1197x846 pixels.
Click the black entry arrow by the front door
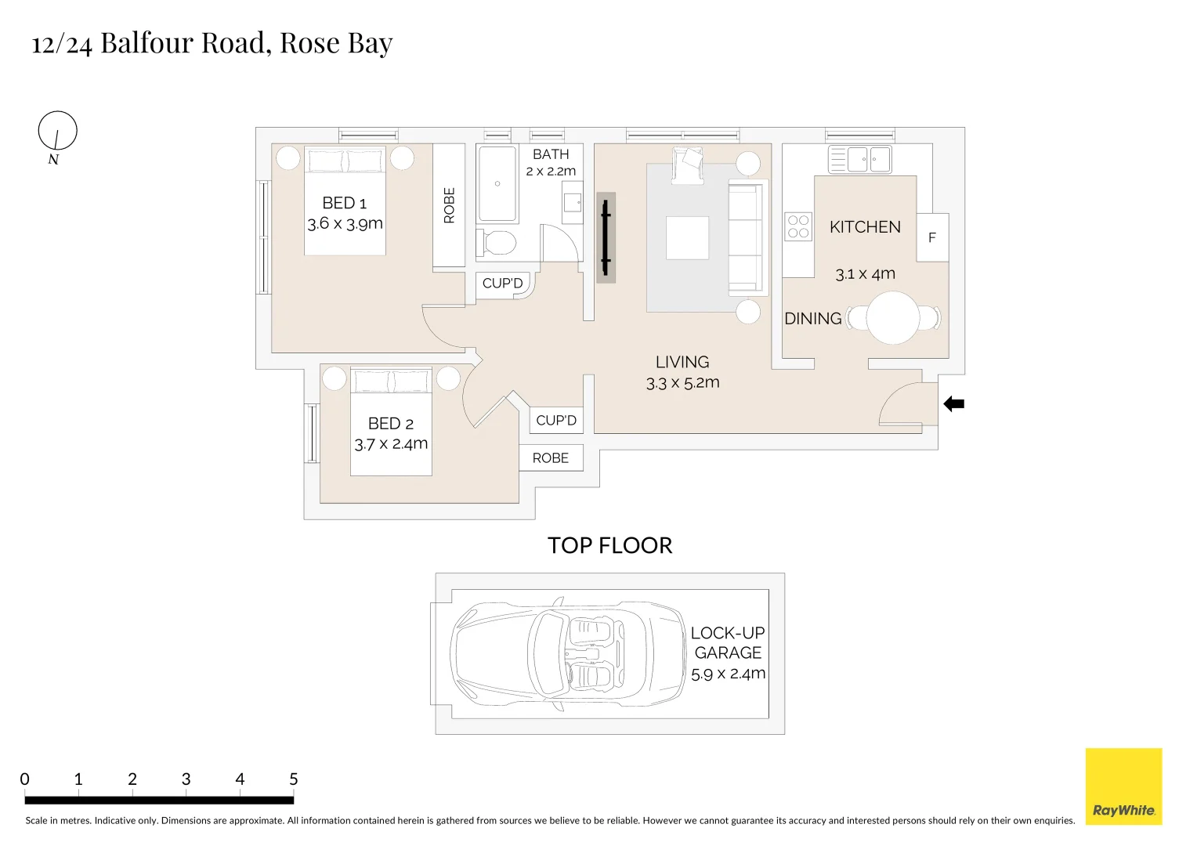(x=953, y=404)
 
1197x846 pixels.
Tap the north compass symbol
(x=57, y=131)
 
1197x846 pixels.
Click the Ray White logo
(x=1123, y=786)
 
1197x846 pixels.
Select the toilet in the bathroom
(x=497, y=243)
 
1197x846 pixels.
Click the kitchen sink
(x=860, y=160)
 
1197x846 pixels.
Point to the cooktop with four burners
(x=798, y=227)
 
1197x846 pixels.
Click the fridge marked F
(x=932, y=237)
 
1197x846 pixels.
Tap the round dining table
(x=892, y=318)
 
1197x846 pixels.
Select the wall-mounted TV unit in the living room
(x=606, y=237)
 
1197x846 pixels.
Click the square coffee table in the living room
(x=687, y=238)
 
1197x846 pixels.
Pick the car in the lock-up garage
(x=569, y=654)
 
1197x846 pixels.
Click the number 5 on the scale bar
(x=294, y=779)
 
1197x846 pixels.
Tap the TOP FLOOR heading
(x=609, y=546)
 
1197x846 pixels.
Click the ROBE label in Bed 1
(x=449, y=205)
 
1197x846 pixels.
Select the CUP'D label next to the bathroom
(x=502, y=284)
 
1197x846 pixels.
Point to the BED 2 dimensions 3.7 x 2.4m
(x=391, y=444)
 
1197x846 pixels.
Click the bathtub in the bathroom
(x=497, y=184)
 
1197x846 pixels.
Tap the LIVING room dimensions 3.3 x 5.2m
(x=682, y=383)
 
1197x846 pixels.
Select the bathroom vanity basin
(x=573, y=203)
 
